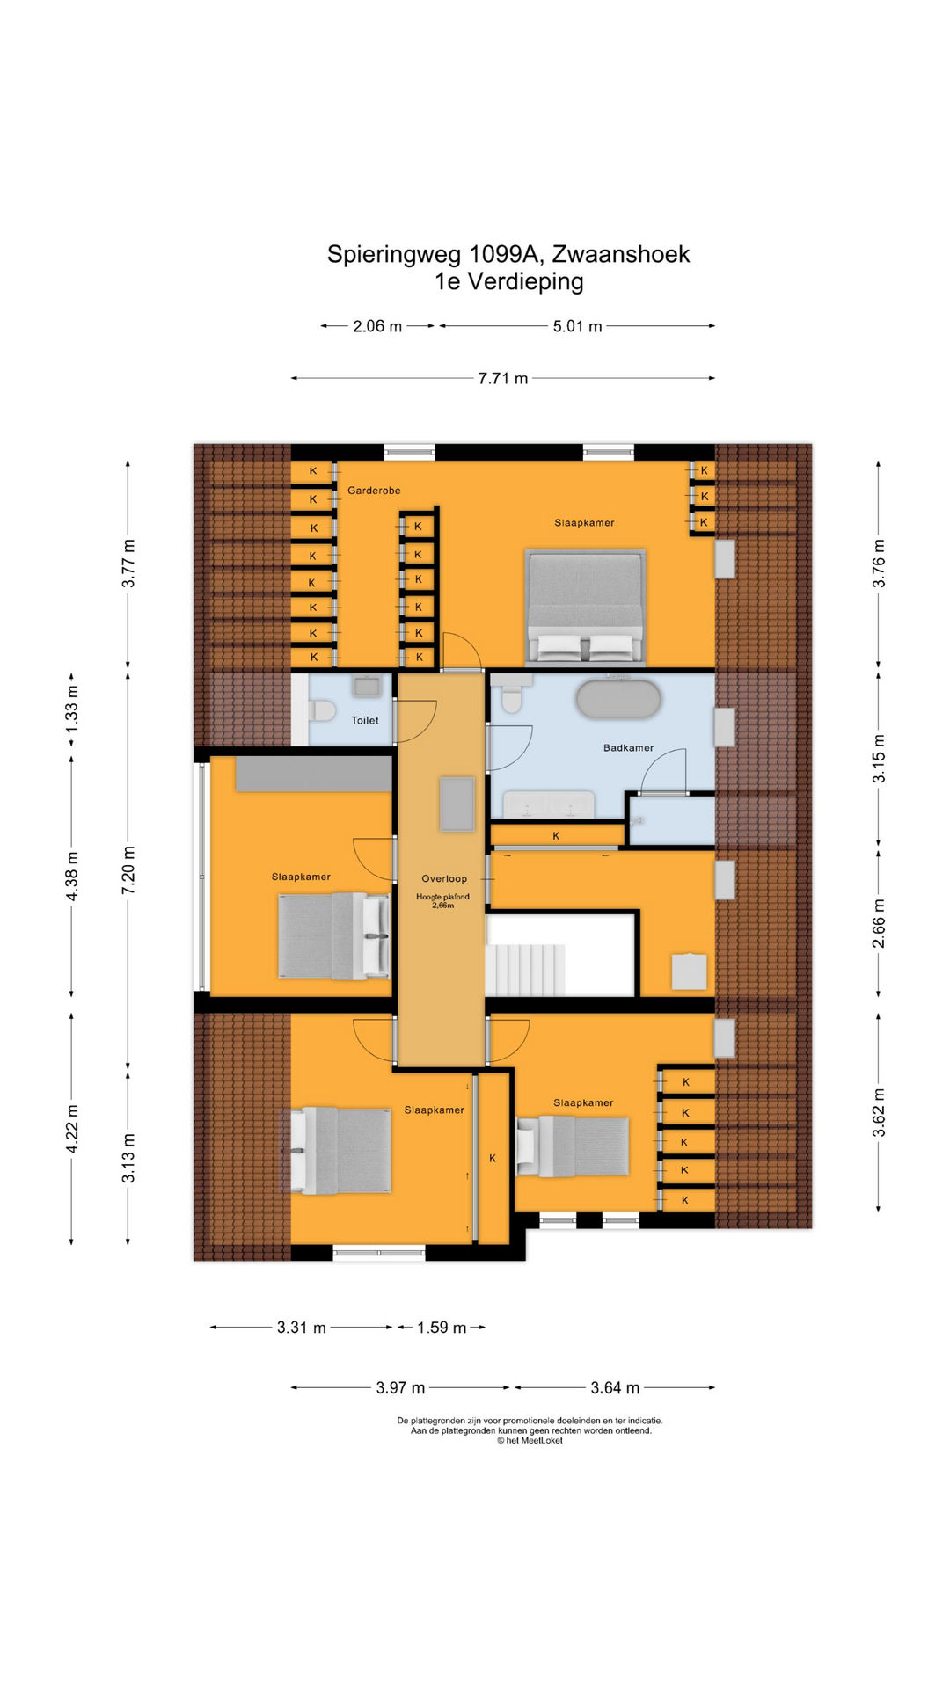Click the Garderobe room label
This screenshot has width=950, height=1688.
[374, 491]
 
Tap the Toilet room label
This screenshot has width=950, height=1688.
[365, 720]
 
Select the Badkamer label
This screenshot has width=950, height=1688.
[628, 748]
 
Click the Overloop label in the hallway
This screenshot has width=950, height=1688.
[444, 878]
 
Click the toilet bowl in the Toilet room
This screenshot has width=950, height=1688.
[322, 710]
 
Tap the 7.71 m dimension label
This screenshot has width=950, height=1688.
[503, 379]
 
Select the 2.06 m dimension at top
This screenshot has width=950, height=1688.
[377, 326]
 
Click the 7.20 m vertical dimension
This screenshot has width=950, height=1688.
[128, 870]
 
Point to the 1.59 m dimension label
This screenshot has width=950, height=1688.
[442, 1328]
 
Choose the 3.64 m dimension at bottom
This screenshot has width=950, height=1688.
[615, 1388]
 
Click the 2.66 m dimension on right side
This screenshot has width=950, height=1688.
[879, 924]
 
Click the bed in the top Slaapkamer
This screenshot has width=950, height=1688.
[585, 607]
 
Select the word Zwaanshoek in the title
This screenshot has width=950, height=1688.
[621, 254]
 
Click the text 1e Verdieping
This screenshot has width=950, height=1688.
[508, 281]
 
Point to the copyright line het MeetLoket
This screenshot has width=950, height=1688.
[530, 1441]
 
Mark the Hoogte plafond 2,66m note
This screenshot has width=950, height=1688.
[442, 900]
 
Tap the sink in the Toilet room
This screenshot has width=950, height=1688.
[366, 686]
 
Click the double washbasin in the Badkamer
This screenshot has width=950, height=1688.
[548, 804]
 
